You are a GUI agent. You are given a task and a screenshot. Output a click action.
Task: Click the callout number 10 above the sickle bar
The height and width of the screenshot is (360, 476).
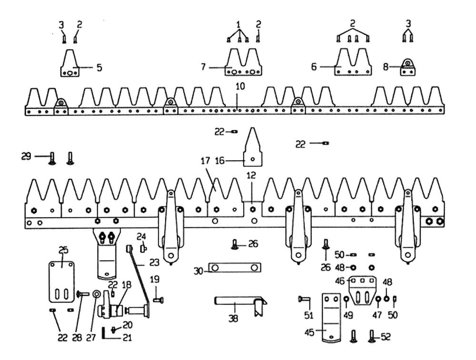click(239, 87)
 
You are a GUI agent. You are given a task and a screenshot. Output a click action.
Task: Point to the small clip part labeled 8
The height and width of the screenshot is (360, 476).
click(407, 67)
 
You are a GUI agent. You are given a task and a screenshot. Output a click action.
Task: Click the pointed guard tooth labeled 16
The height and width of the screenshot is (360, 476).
click(253, 147)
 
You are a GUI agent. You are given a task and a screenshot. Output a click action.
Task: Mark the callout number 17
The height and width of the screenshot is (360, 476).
click(205, 161)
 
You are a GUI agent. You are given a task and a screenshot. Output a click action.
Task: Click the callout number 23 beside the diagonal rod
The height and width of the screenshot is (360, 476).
click(153, 262)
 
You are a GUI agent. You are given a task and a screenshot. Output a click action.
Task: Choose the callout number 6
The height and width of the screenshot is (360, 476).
click(314, 67)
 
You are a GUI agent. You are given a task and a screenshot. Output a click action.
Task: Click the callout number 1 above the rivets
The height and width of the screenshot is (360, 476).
click(238, 23)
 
